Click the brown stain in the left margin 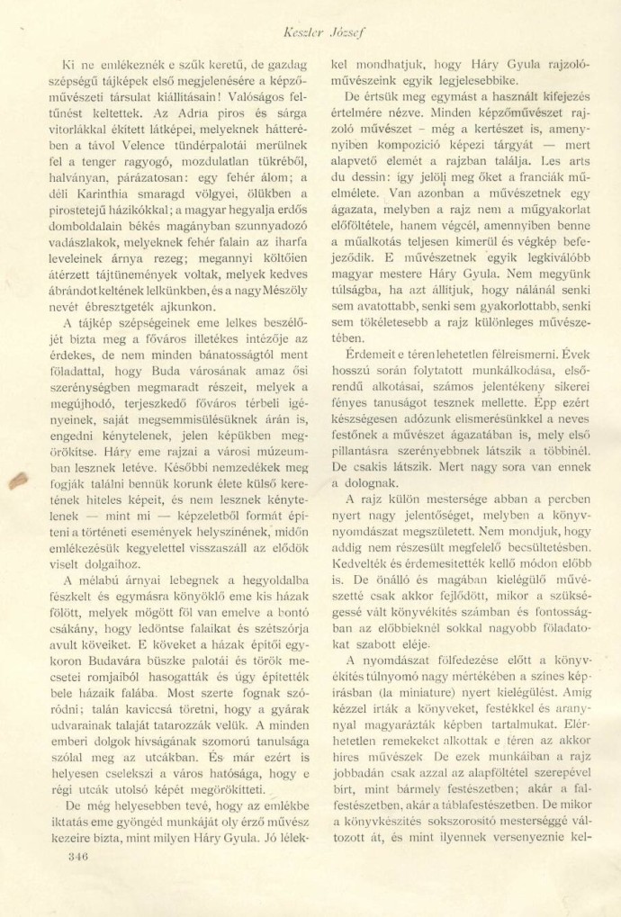19,481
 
